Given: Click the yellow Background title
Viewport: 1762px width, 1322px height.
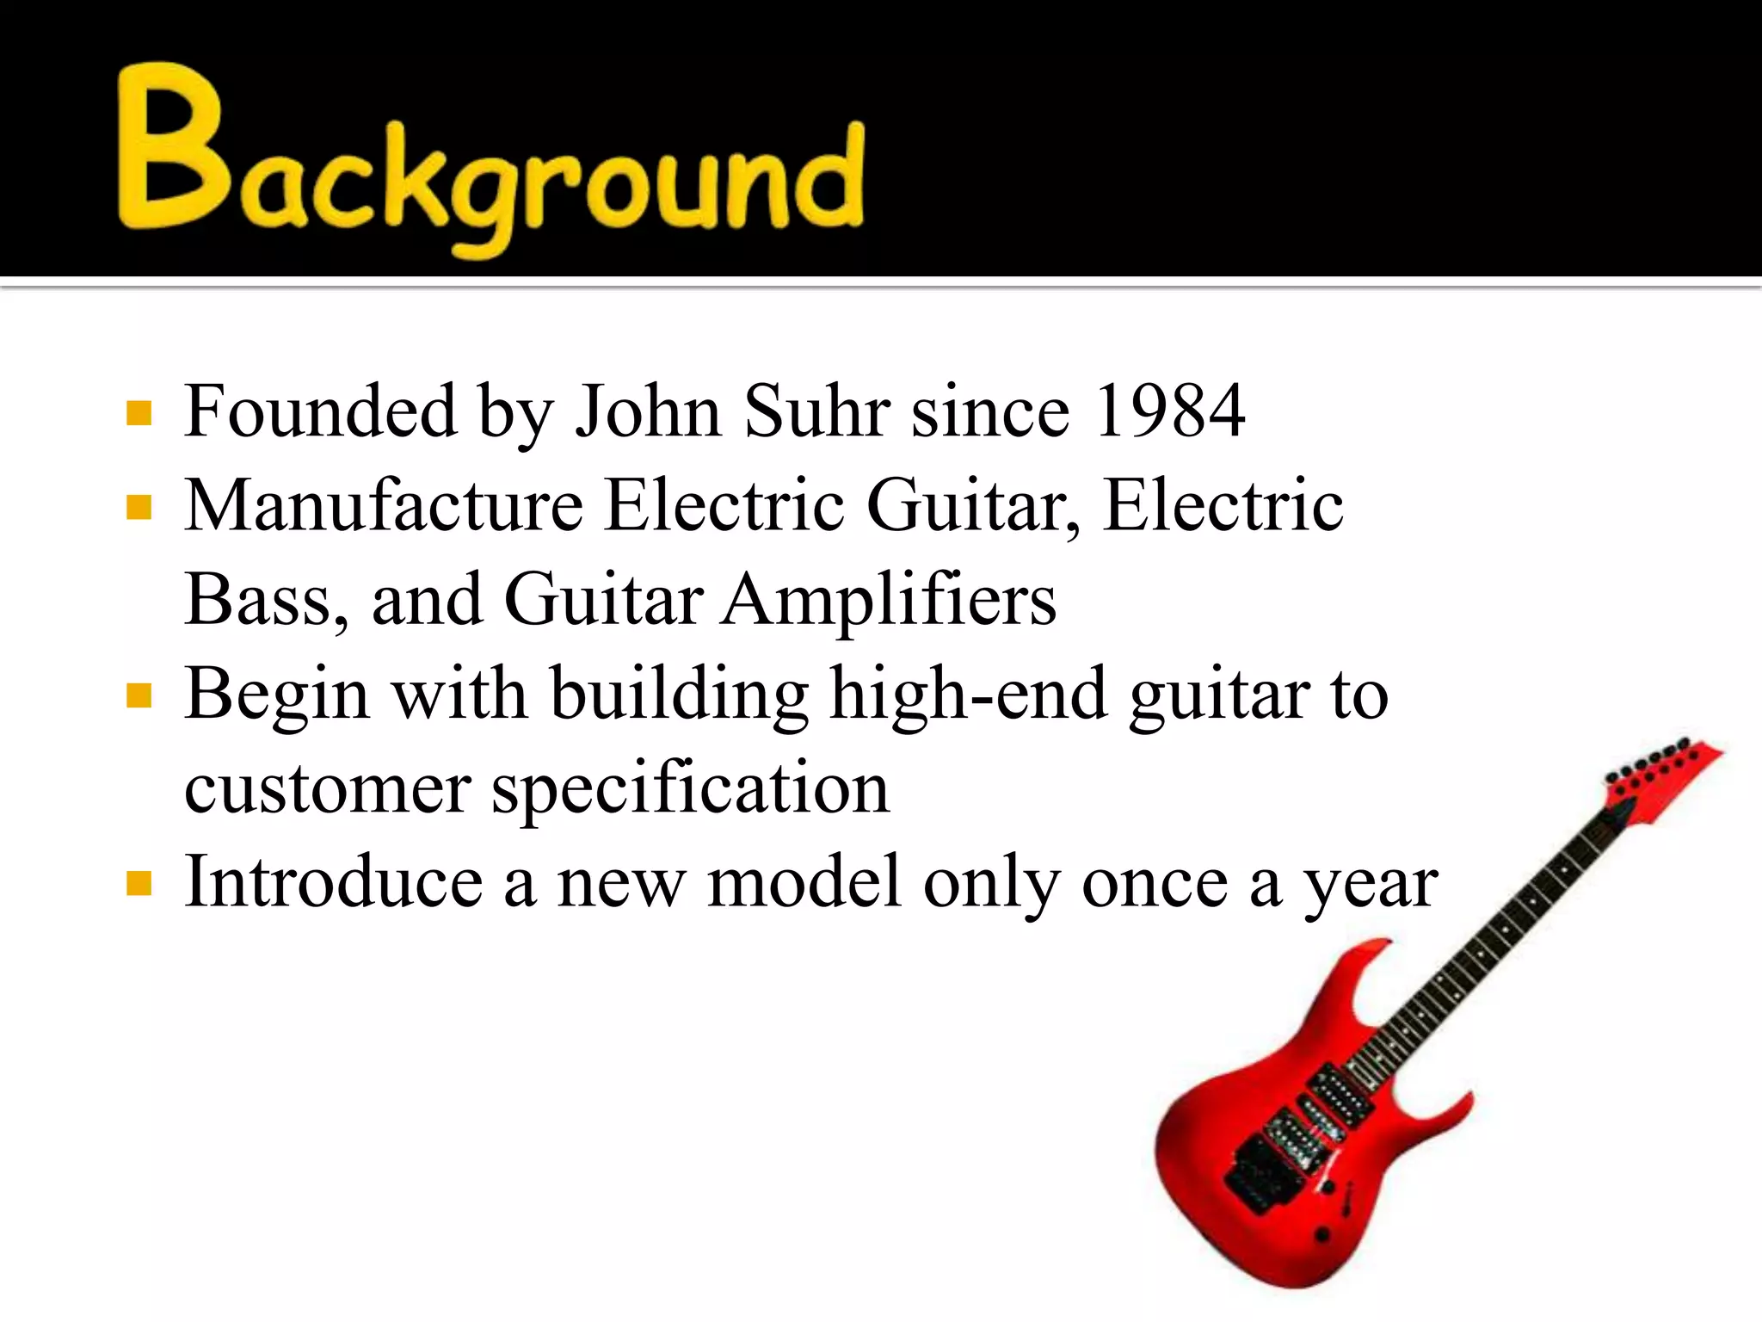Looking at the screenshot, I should [490, 159].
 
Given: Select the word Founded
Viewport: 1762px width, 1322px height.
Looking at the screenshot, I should [320, 411].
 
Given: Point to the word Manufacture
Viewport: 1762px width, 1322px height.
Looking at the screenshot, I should [384, 505].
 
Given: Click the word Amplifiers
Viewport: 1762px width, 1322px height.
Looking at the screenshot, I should [889, 600].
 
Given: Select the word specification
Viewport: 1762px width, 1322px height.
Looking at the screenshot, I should [691, 788].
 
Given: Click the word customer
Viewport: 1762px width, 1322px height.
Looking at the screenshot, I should [327, 788].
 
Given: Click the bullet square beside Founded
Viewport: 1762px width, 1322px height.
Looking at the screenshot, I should [139, 414].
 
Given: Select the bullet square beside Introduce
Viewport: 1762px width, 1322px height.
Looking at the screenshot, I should [139, 884].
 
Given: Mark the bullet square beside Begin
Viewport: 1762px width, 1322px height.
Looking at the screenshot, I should [139, 695].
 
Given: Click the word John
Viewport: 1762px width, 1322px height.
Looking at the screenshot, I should [648, 411].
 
